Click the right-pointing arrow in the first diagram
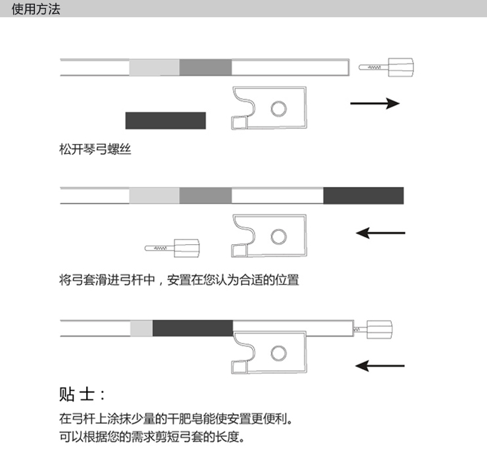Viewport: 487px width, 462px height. pyautogui.click(x=374, y=103)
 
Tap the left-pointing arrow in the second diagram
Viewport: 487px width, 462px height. pyautogui.click(x=380, y=232)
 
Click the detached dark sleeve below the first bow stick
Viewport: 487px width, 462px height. pyautogui.click(x=165, y=120)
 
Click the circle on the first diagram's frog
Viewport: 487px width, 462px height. pyautogui.click(x=280, y=109)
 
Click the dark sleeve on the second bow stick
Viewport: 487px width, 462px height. pyautogui.click(x=363, y=195)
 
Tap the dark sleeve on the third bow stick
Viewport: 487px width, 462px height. pyautogui.click(x=192, y=328)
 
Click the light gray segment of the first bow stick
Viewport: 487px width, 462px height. pyautogui.click(x=154, y=67)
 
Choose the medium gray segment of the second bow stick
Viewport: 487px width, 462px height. pyautogui.click(x=205, y=195)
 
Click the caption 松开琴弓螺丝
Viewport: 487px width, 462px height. pyautogui.click(x=96, y=150)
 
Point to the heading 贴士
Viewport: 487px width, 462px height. pyautogui.click(x=82, y=395)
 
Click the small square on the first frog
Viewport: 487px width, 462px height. pyautogui.click(x=238, y=122)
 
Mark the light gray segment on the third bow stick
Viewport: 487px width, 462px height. pyautogui.click(x=141, y=328)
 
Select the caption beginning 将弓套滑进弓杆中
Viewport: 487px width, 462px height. pyautogui.click(x=179, y=280)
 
